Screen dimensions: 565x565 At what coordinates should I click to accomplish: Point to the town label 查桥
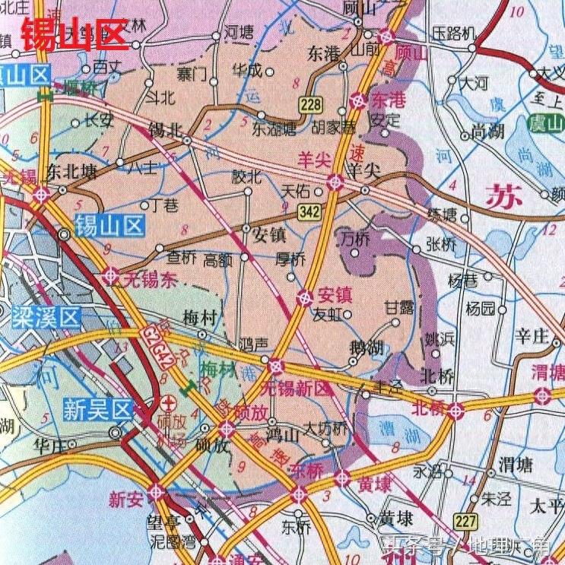pyautogui.click(x=181, y=259)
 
